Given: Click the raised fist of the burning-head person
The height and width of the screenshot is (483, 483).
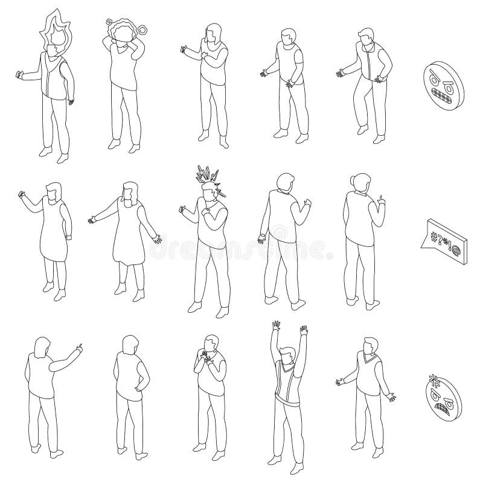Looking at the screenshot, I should [x=19, y=75].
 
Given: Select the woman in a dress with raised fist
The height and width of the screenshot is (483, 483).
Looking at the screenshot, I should [x=52, y=235].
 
